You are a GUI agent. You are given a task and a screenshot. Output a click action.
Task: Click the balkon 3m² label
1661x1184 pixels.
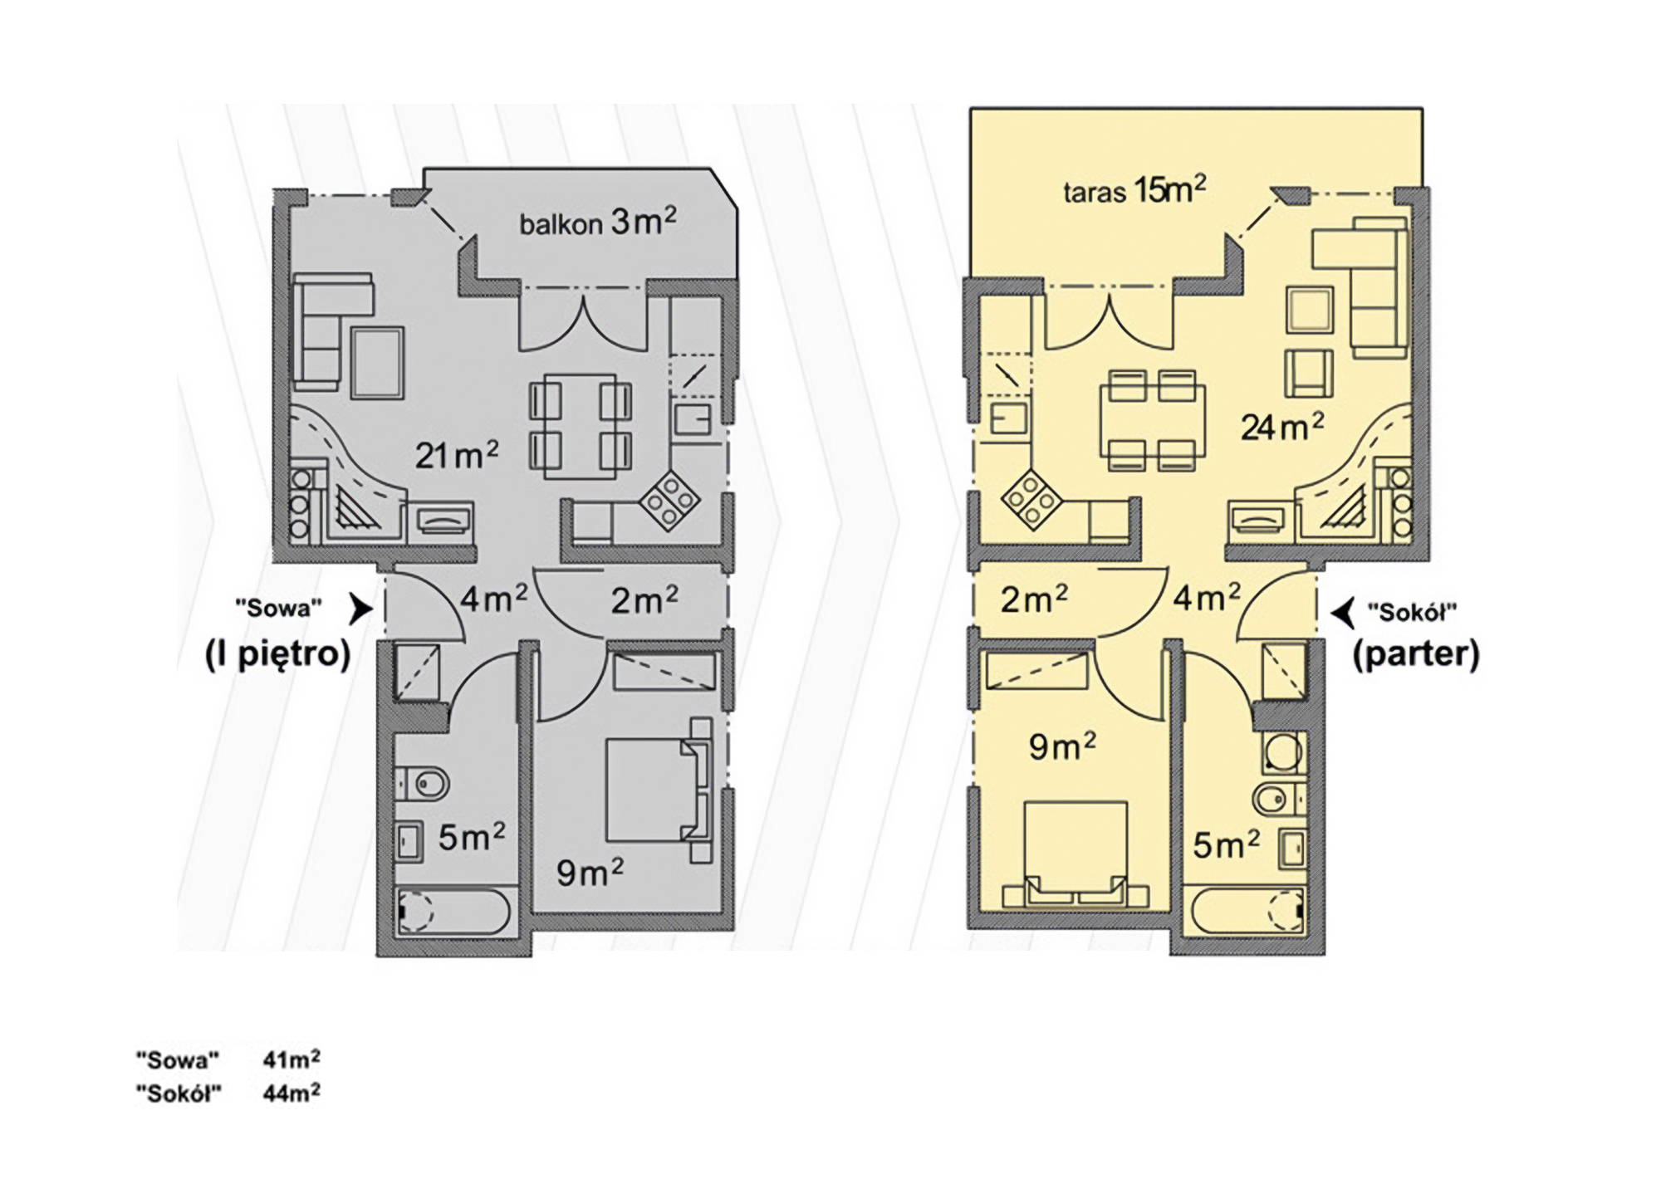pyautogui.click(x=597, y=223)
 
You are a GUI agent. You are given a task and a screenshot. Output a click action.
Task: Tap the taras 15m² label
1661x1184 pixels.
pyautogui.click(x=1134, y=190)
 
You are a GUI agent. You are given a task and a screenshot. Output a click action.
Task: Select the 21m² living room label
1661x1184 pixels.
pyautogui.click(x=457, y=454)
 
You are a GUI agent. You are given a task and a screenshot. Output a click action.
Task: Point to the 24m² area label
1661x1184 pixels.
pyautogui.click(x=1282, y=427)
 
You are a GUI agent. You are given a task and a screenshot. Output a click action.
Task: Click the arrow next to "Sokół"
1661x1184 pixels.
pyautogui.click(x=1342, y=613)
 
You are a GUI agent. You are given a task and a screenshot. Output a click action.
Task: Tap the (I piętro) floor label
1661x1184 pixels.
pyautogui.click(x=277, y=655)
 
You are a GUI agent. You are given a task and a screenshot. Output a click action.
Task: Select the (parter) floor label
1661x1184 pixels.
pyautogui.click(x=1416, y=655)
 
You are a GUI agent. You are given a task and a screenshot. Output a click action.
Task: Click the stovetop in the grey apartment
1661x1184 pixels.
pyautogui.click(x=669, y=501)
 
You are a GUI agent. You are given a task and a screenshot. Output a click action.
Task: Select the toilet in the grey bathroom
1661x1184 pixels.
pyautogui.click(x=423, y=783)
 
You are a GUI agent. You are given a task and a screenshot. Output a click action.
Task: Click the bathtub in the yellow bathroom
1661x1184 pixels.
pyautogui.click(x=1247, y=912)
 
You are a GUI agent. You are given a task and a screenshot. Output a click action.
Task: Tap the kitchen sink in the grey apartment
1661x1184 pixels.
pyautogui.click(x=692, y=419)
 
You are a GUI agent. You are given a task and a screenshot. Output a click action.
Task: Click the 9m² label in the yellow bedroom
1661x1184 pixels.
pyautogui.click(x=1062, y=746)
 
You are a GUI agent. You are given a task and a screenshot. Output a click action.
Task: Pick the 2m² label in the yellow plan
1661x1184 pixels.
pyautogui.click(x=1034, y=599)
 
